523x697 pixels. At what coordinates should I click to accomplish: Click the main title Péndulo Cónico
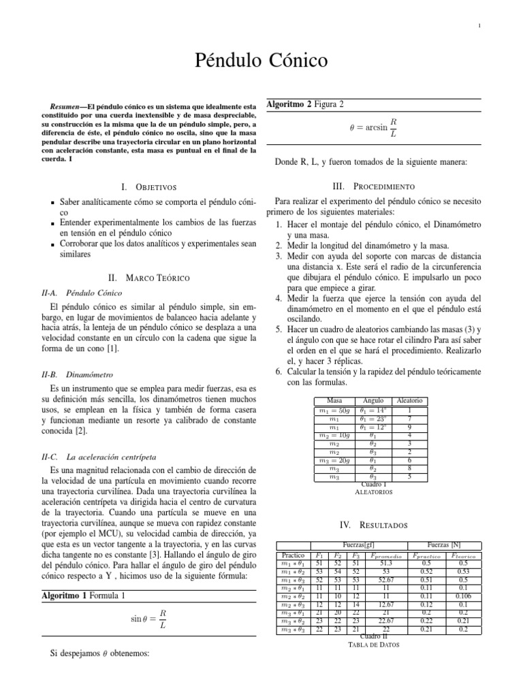coord(261,61)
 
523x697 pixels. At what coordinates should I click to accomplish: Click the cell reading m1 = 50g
coord(334,410)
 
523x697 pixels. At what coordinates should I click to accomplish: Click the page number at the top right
coord(479,27)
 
